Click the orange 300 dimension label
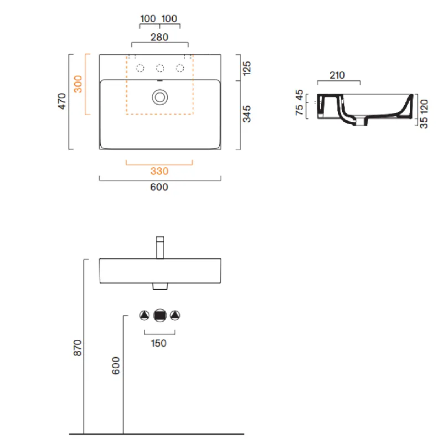click(78, 84)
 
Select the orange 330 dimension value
click(159, 171)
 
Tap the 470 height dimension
click(61, 101)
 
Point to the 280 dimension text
click(159, 37)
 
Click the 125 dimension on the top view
click(246, 68)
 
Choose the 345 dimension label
click(246, 114)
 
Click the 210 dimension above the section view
click(337, 75)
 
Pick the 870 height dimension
click(78, 348)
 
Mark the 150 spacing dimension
click(158, 343)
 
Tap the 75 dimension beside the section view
click(299, 110)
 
